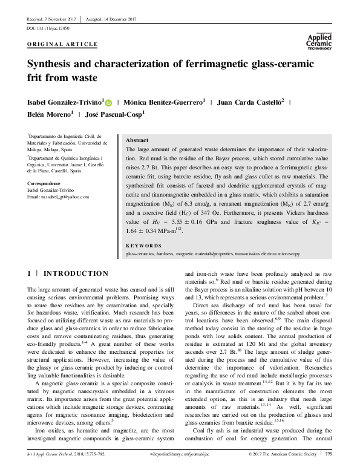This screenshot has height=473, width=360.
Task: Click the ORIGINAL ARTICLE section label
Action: (x=62, y=45)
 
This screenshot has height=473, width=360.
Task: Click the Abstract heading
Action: (x=136, y=140)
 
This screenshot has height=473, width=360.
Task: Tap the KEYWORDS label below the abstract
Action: (x=145, y=246)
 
